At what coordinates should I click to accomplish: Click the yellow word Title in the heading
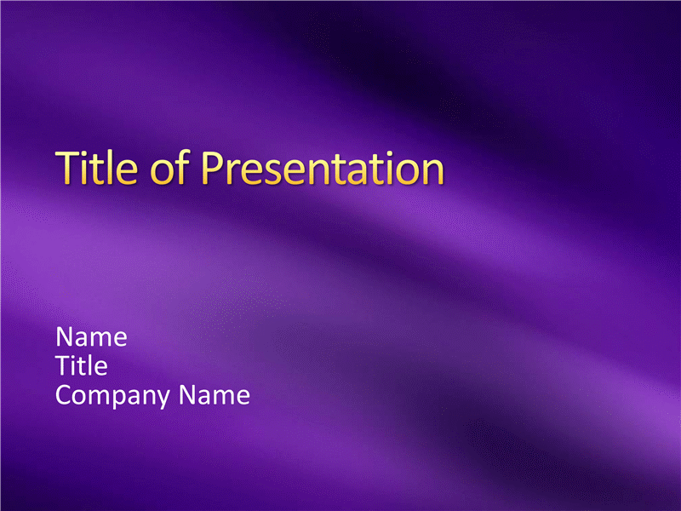point(97,167)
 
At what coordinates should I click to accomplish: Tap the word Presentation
point(323,168)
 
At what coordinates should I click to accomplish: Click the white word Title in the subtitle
point(82,365)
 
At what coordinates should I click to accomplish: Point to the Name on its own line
point(91,336)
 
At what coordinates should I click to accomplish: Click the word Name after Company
point(215,394)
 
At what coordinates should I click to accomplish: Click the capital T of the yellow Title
point(68,168)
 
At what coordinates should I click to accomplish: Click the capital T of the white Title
point(63,365)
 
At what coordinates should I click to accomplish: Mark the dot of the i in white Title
point(76,358)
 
